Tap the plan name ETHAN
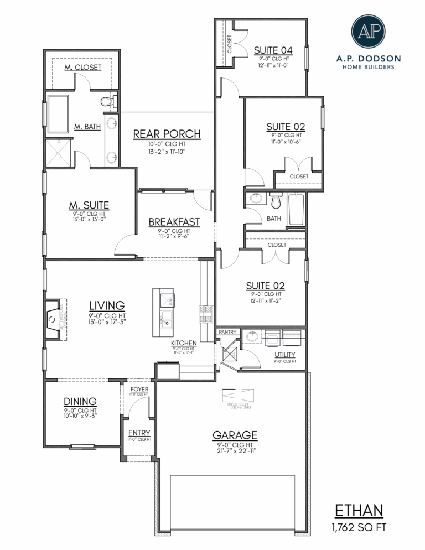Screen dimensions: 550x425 [x=359, y=511]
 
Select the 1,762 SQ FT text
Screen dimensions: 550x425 [x=359, y=527]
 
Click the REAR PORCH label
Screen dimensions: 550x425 [x=167, y=134]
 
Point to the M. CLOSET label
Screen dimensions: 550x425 [x=82, y=67]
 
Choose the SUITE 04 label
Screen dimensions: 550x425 [x=273, y=50]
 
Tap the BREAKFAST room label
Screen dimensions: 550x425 [x=174, y=222]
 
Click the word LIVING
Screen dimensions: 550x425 [x=106, y=305]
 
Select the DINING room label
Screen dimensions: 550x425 [x=80, y=401]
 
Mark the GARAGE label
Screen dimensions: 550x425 [x=235, y=435]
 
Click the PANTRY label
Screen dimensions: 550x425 [x=227, y=332]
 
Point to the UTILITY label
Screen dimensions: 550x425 [x=284, y=354]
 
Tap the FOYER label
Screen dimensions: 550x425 [x=139, y=390]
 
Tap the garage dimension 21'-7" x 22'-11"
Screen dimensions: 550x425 [x=235, y=450]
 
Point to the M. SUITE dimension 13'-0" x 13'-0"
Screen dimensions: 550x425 [x=89, y=219]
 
